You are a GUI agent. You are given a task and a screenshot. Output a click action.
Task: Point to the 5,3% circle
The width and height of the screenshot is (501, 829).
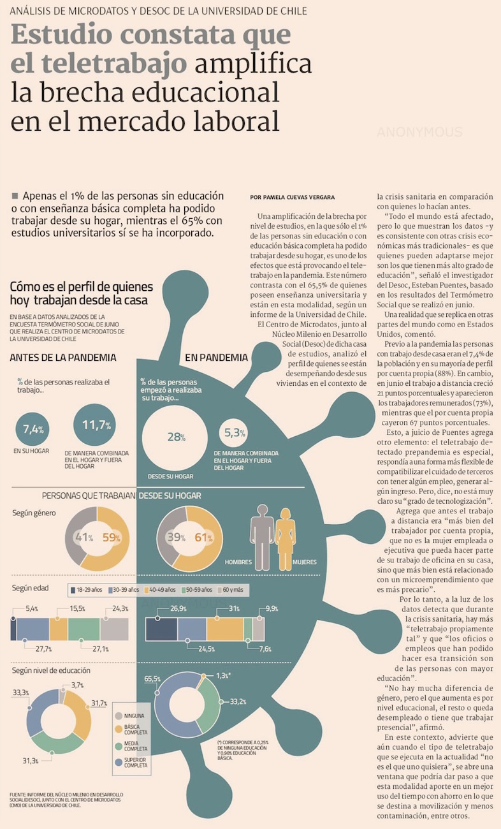click(235, 433)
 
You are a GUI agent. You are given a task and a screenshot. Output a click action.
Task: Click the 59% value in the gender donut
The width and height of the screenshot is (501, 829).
click(112, 538)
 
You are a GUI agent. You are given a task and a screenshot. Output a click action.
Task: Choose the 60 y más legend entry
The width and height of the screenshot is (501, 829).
click(234, 590)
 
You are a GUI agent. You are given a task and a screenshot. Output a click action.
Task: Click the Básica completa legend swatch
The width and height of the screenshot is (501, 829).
click(119, 728)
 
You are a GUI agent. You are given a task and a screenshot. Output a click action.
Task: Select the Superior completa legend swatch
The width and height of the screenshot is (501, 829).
click(119, 762)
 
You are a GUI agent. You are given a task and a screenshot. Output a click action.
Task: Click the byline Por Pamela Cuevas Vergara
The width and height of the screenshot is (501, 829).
click(293, 198)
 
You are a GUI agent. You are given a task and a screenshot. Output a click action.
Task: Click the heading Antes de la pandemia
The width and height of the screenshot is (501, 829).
click(63, 357)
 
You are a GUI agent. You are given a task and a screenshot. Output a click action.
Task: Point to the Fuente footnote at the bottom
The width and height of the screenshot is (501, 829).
click(67, 800)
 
